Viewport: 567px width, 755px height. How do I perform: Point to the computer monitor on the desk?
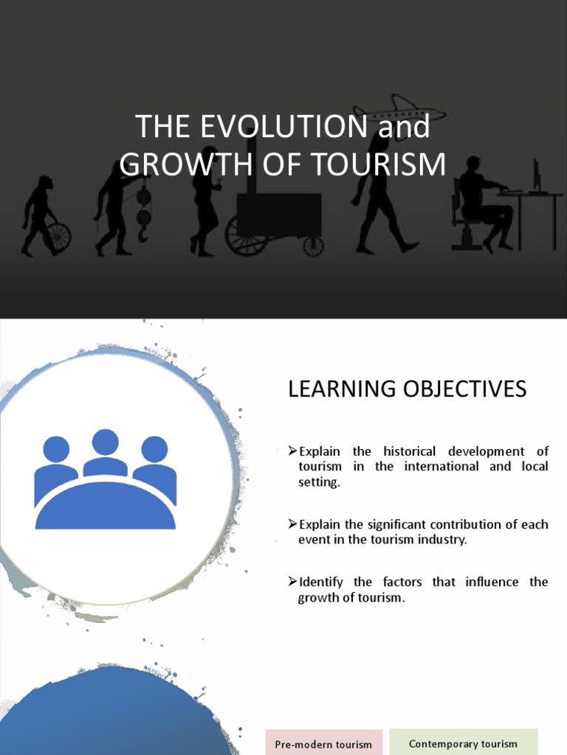[537, 175]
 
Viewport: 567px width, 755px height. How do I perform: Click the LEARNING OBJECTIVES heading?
[407, 389]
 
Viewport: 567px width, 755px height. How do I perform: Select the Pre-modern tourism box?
[323, 744]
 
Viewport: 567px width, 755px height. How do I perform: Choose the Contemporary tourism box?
[463, 743]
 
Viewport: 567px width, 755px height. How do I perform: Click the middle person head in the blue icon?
[105, 442]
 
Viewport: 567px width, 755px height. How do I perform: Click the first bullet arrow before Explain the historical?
[292, 450]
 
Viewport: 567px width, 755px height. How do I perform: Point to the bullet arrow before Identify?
[292, 582]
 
